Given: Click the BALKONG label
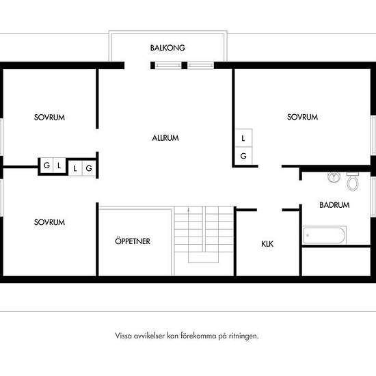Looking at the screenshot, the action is pos(167,48).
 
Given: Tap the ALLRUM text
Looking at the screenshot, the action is pos(165,138).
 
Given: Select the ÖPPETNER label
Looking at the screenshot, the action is pos(133,241).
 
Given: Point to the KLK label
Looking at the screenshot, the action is pos(267,244).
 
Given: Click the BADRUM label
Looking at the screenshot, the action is pos(334,205).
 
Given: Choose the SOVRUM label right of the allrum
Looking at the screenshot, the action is pos(302,117).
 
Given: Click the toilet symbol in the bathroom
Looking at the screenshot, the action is pos(353,182).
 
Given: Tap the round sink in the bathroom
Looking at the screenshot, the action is pos(334,177).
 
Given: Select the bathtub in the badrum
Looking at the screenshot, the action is pos(325,235).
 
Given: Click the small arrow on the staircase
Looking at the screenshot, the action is pos(189,211).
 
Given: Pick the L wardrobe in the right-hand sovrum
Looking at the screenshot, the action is pos(243,138).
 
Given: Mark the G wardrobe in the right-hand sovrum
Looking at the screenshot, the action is pos(243,156).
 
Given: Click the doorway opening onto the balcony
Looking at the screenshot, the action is pos(137,66).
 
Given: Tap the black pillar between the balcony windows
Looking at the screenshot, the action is pos(185,66).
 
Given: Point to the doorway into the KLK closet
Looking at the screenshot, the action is pos(269,210).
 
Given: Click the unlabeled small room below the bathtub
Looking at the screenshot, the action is pos(336,262).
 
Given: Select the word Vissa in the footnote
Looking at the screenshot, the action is pos(123,336).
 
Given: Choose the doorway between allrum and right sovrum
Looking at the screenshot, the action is pos(270,166).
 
